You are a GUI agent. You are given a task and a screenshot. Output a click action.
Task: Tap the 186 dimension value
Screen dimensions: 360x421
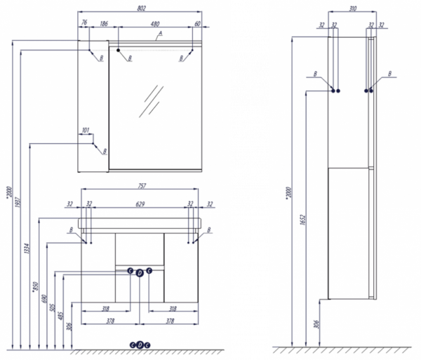tap(103, 24)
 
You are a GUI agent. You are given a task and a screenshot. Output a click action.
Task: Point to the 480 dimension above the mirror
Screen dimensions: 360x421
tap(155, 24)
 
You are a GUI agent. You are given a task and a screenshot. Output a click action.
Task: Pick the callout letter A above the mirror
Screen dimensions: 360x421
tap(160, 34)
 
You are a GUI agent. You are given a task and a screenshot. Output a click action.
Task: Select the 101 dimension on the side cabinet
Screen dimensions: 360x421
tap(86, 130)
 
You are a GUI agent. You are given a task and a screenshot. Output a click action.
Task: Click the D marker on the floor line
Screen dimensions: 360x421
tap(139, 344)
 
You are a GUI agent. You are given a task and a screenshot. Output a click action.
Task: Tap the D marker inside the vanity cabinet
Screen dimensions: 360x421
tap(139, 272)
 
